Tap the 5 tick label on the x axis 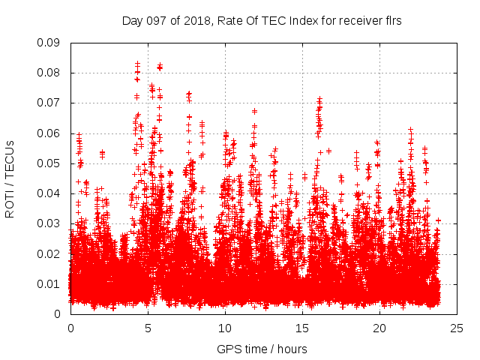coord(148,328)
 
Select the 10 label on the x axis coord(225,328)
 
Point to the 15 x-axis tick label coord(302,328)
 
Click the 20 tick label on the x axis coord(379,328)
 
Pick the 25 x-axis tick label coord(457,328)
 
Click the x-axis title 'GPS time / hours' coord(262,349)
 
